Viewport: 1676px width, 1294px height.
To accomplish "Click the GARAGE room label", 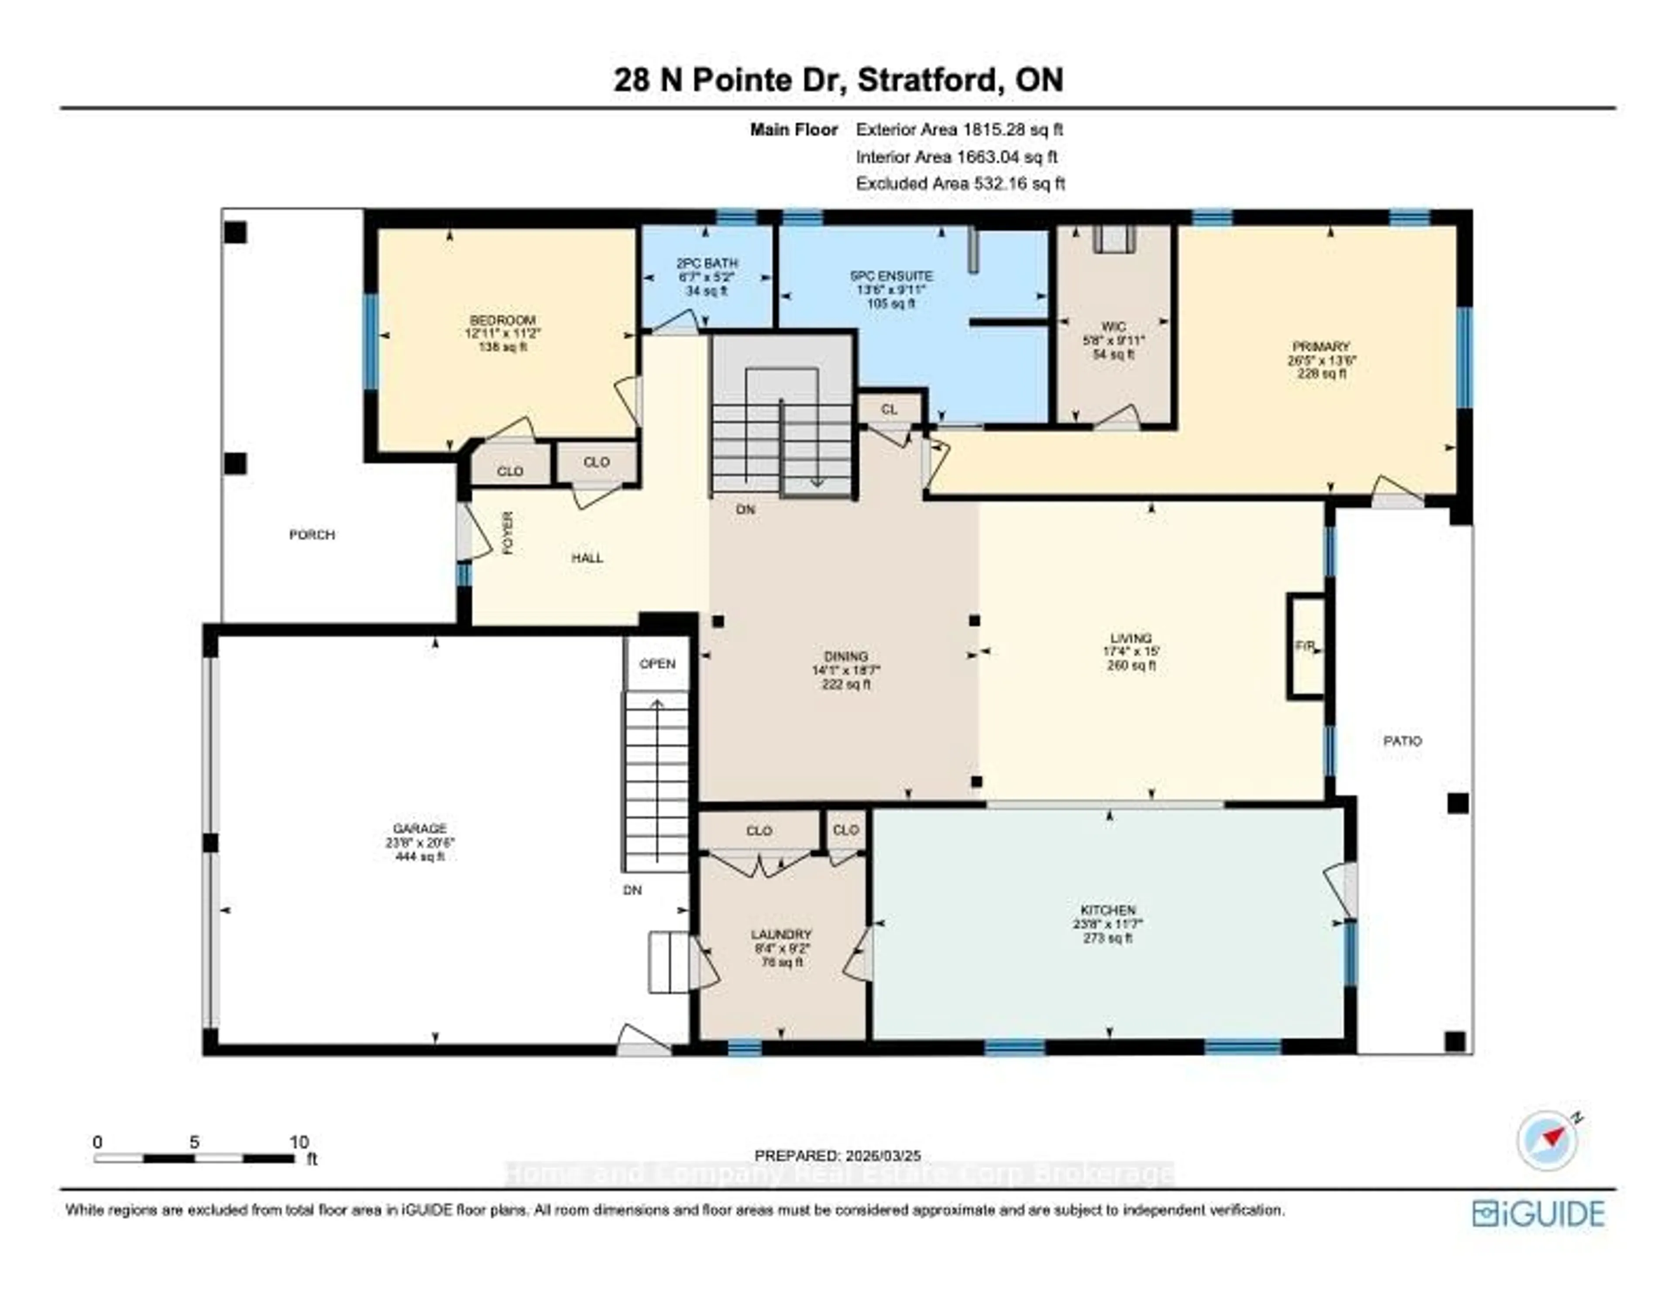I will pos(419,828).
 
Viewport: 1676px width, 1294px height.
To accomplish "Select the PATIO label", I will pos(1402,741).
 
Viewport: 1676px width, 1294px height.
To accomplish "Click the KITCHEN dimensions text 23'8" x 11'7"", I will pos(1107,924).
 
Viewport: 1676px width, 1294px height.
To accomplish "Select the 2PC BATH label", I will pos(707,263).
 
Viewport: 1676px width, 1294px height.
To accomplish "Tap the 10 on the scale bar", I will pos(299,1142).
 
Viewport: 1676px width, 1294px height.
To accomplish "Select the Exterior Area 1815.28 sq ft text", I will pos(959,130).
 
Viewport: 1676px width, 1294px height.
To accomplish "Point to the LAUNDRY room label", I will pos(780,934).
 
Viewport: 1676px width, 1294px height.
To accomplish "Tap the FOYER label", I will pos(507,533).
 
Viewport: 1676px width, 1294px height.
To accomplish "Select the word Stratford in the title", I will pos(928,80).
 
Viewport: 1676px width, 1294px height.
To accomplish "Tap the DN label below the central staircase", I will pos(745,509).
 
